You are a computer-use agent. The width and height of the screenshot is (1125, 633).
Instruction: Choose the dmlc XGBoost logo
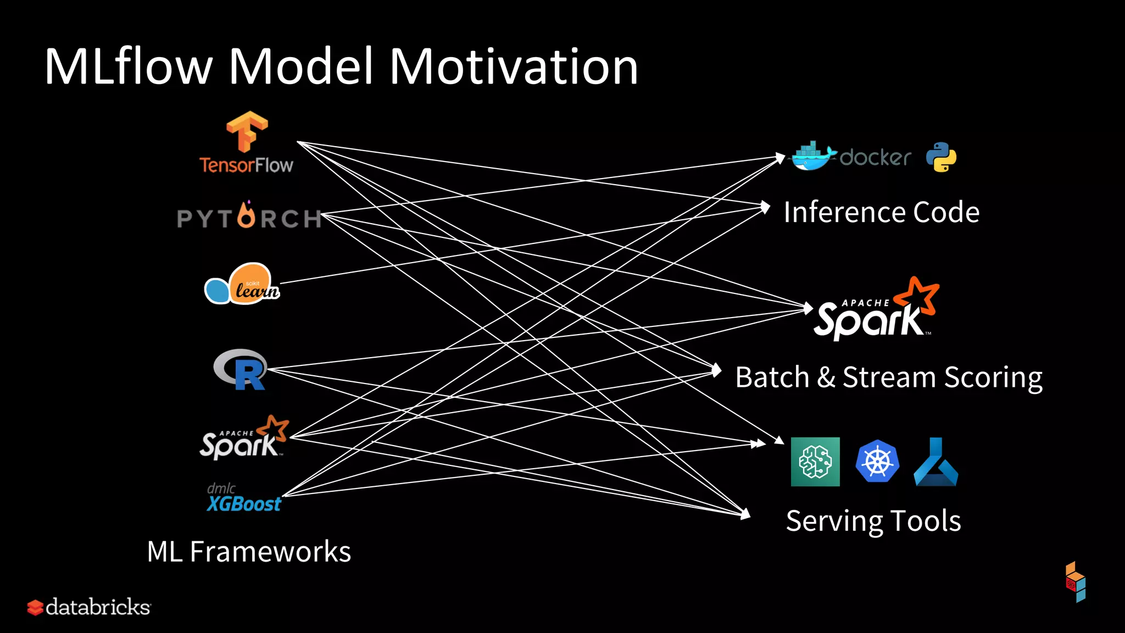click(x=244, y=498)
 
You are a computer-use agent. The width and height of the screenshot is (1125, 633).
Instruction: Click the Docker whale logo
click(x=813, y=157)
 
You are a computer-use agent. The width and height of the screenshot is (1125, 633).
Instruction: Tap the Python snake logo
click(x=941, y=157)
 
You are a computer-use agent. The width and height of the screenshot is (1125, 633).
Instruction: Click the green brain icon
click(x=815, y=462)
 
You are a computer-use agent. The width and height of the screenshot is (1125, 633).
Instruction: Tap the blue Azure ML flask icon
click(x=936, y=463)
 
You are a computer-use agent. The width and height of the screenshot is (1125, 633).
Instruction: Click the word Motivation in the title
click(x=514, y=66)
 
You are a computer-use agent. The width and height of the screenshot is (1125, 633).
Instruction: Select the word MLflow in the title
click(x=128, y=66)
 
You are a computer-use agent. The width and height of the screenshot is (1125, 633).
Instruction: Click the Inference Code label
click(x=881, y=213)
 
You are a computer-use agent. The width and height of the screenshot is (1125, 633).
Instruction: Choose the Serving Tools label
click(x=873, y=521)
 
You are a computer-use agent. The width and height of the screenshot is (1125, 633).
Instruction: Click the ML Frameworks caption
click(x=249, y=552)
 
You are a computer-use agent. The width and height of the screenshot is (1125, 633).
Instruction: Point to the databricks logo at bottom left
click(x=89, y=607)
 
